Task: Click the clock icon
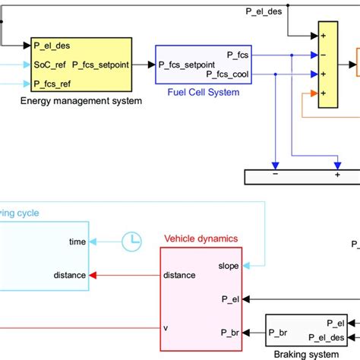click(132, 241)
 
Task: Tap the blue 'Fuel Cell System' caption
click(202, 92)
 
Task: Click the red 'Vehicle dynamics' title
click(201, 238)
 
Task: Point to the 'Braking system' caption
click(307, 353)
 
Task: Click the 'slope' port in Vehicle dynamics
click(229, 265)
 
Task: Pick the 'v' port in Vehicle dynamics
click(166, 328)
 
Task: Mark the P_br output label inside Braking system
click(279, 333)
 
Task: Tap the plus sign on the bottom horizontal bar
click(336, 174)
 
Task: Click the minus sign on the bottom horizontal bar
click(276, 174)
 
